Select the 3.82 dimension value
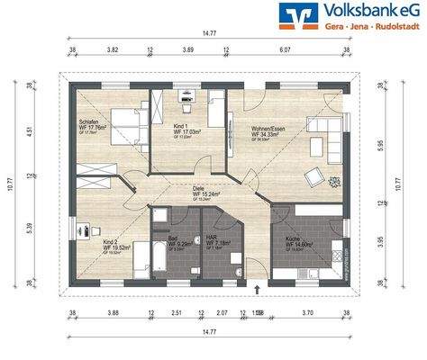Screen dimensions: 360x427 (114, 51)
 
